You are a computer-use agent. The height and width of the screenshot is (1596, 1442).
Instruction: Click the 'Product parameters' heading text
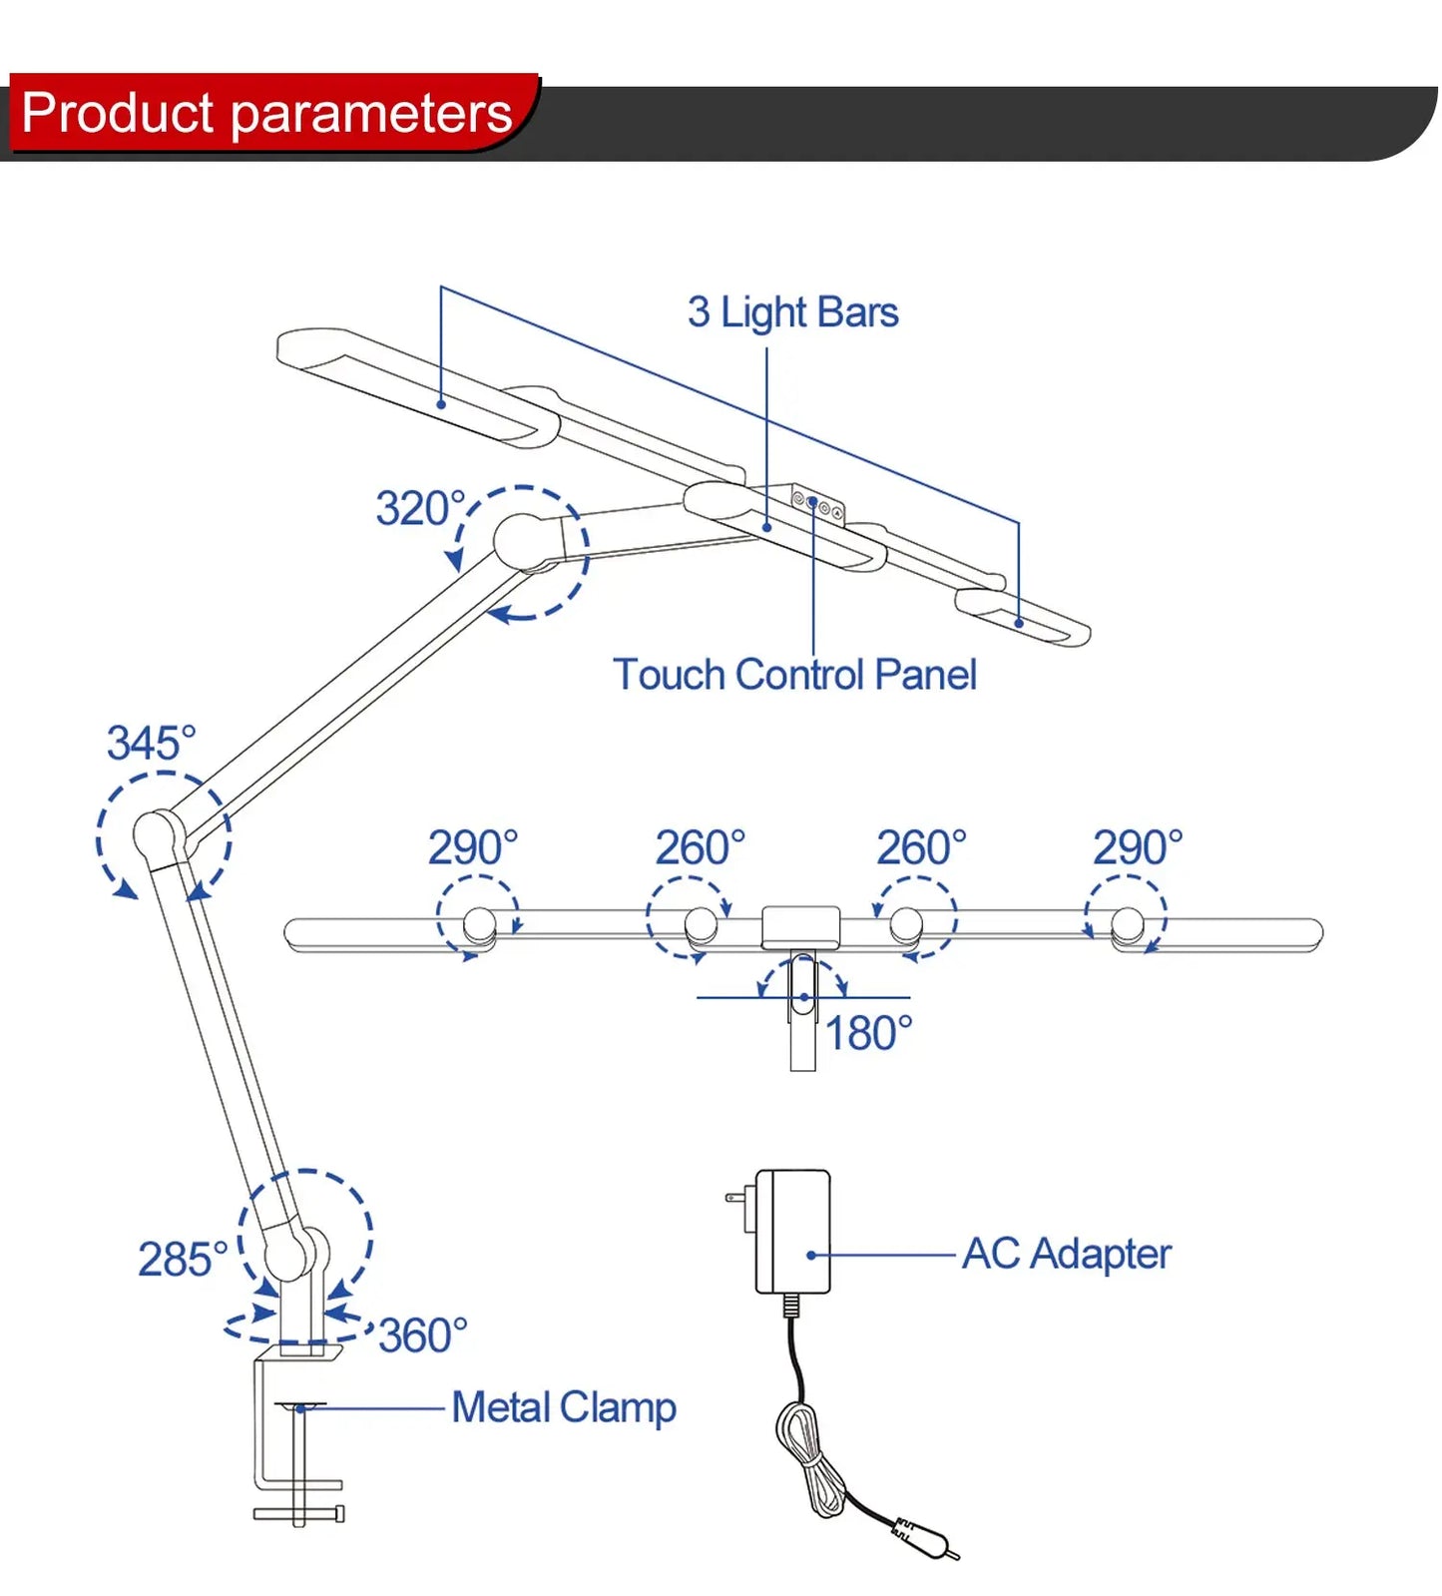click(x=266, y=112)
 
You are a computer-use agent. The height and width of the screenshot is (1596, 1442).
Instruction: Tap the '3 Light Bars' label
click(x=792, y=311)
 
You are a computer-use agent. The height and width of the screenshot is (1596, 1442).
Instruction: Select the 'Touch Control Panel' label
click(x=794, y=675)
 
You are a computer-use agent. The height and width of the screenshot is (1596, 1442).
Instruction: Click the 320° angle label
click(x=420, y=508)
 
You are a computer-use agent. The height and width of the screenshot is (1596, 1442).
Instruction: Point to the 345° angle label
click(x=151, y=743)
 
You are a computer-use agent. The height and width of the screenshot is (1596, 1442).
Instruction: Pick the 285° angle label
click(x=183, y=1259)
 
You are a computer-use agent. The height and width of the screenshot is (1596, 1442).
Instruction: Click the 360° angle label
click(x=423, y=1335)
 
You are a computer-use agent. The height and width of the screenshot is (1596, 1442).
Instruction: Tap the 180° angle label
click(x=868, y=1033)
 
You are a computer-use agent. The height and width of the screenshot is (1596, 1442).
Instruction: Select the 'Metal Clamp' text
click(x=564, y=1407)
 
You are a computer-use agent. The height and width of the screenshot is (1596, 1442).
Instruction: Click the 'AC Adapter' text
click(x=1066, y=1254)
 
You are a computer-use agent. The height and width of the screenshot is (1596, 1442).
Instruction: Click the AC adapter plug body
click(x=792, y=1231)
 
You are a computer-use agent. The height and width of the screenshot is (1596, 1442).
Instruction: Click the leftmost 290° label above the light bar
click(x=473, y=847)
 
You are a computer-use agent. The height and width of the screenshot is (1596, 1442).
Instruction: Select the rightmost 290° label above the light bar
click(x=1138, y=847)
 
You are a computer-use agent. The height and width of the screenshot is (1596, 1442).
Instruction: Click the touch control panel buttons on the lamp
click(x=817, y=504)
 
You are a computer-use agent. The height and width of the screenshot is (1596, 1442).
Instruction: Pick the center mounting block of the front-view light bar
click(x=800, y=926)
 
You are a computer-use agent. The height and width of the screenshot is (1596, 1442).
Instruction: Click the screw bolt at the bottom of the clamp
click(x=298, y=1513)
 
